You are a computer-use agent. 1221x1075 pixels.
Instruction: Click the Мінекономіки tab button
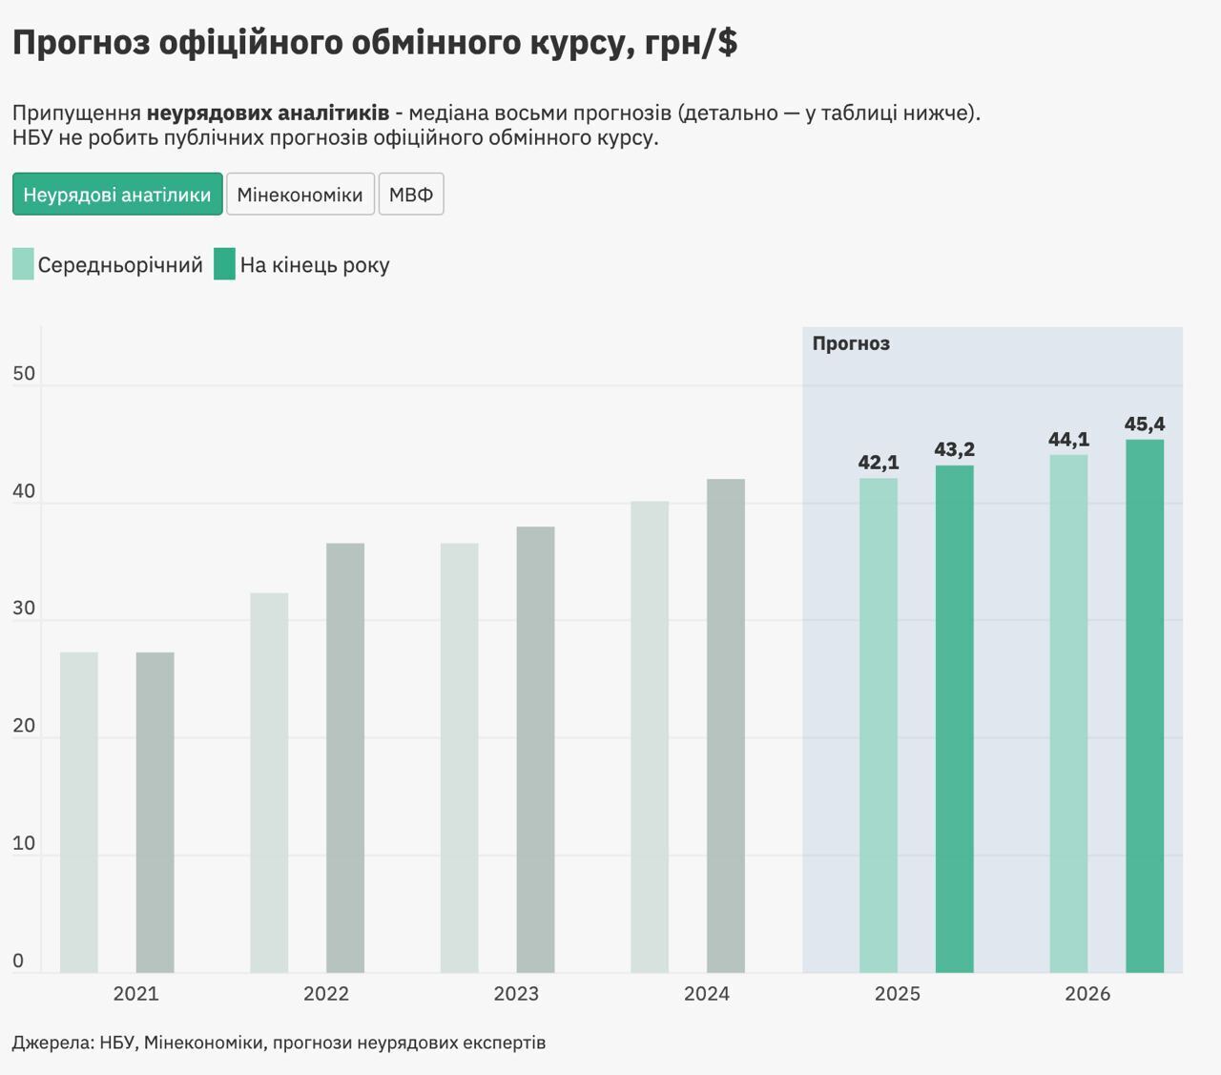[x=300, y=195]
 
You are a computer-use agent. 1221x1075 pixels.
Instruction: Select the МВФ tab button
[x=411, y=195]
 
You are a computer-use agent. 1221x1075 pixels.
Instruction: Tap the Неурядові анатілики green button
[x=117, y=195]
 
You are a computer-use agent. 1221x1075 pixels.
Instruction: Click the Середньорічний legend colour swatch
[x=23, y=264]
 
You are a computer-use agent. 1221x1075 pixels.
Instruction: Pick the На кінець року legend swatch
[x=224, y=264]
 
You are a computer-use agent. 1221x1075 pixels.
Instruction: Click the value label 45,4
[x=1145, y=424]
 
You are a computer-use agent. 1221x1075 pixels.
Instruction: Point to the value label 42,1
[x=879, y=463]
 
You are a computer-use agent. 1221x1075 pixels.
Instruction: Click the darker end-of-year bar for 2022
[x=345, y=757]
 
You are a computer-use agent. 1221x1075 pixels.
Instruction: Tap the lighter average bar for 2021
[x=79, y=812]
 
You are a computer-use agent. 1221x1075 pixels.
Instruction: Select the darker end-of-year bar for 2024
[x=726, y=725]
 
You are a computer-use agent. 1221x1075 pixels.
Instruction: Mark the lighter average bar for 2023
[x=460, y=757]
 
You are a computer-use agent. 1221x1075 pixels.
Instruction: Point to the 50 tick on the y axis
[x=24, y=374]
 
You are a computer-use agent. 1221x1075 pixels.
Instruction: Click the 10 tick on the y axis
[x=24, y=843]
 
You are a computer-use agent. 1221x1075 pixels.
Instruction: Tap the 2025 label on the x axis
[x=897, y=994]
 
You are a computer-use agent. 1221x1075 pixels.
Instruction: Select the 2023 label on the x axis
[x=516, y=994]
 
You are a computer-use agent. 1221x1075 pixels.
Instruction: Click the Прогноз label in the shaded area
[x=851, y=343]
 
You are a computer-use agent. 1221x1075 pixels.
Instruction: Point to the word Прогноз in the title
[x=81, y=43]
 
